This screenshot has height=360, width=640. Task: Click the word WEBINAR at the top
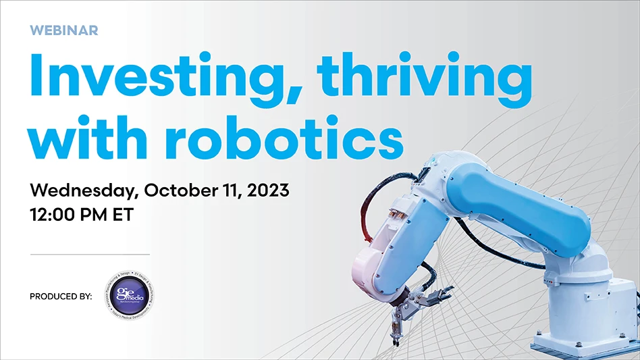point(64,30)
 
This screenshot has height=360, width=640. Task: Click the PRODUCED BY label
point(61,296)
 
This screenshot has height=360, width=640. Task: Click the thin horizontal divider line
point(90,255)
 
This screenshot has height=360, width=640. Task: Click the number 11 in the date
point(234,190)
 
